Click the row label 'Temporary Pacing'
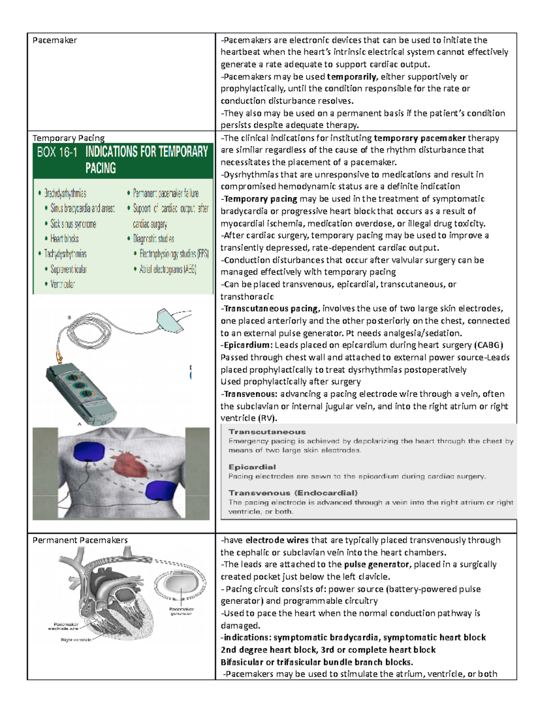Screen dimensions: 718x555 tap(68, 138)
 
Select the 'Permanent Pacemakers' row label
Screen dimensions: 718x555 tap(80, 540)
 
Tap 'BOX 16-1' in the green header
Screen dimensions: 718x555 tap(57, 152)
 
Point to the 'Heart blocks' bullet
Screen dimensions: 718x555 tap(64, 239)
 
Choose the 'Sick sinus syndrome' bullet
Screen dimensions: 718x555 tap(73, 224)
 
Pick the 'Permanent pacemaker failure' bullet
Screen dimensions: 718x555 tap(166, 193)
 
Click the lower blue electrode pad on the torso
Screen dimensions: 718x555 tap(160, 490)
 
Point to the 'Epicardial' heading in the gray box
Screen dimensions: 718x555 tap(252, 467)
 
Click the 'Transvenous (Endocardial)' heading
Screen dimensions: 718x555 tap(293, 493)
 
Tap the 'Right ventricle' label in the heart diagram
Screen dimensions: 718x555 tap(76, 640)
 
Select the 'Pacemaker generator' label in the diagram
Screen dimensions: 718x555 tap(181, 611)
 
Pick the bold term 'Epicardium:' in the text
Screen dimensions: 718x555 tap(248, 345)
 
